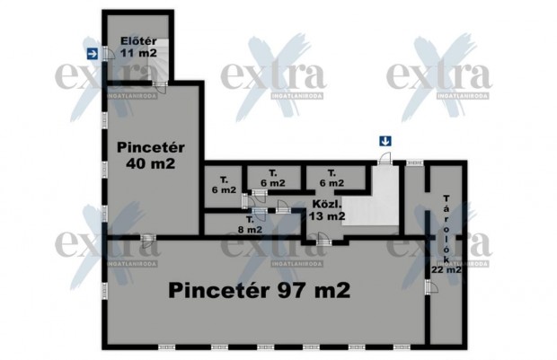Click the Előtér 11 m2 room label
[x=139, y=46]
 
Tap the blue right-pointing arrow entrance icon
[x=93, y=54]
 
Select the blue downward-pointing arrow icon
[x=385, y=140]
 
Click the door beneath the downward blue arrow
[x=384, y=159]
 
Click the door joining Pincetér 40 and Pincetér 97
[x=146, y=237]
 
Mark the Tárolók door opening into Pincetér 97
[x=429, y=285]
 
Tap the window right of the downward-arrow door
[x=414, y=162]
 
